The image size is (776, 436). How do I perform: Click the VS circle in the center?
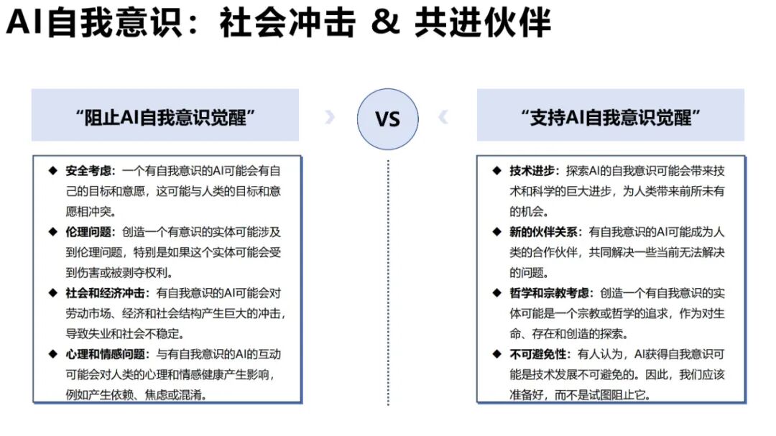[388, 118]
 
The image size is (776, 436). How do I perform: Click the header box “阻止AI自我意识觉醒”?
[165, 116]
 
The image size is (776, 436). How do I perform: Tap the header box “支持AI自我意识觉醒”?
[611, 116]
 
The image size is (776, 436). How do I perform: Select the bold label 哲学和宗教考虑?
[551, 293]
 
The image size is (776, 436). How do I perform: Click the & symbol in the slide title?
[385, 22]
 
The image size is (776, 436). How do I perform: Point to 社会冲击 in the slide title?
[287, 22]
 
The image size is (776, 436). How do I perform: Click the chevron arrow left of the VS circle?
[330, 117]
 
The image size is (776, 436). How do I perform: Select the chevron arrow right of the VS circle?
[443, 117]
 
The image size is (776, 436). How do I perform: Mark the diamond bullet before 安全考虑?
[52, 171]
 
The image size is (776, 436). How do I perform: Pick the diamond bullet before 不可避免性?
[496, 354]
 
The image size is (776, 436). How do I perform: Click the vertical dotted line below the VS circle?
[388, 287]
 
